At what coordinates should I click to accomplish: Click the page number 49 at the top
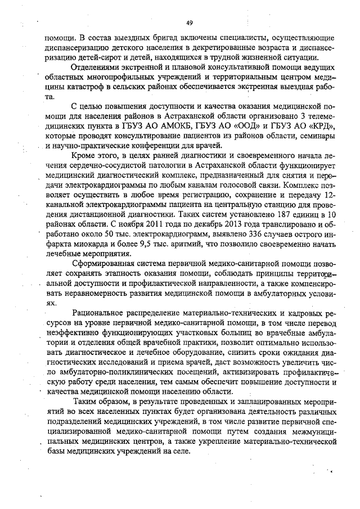(x=189, y=22)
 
